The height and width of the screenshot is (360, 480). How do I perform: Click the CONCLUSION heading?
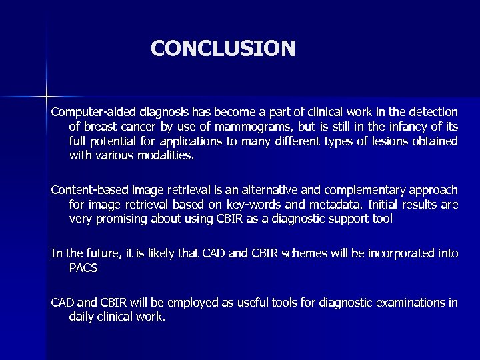pyautogui.click(x=223, y=49)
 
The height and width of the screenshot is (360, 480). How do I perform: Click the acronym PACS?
pyautogui.click(x=83, y=268)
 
